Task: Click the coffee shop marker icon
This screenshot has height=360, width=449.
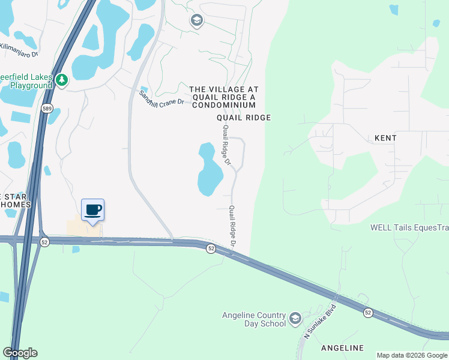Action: [x=92, y=210]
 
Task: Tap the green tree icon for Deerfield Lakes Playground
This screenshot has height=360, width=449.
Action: [x=61, y=80]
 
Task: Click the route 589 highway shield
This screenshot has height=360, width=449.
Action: [x=47, y=108]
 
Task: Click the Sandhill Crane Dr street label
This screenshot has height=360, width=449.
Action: [x=161, y=99]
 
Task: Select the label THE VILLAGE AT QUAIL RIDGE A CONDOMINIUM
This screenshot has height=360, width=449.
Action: [x=223, y=97]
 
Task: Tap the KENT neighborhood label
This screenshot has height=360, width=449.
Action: [x=385, y=138]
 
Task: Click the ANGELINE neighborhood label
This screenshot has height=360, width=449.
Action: [x=343, y=348]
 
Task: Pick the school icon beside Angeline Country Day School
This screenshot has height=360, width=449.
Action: [x=295, y=318]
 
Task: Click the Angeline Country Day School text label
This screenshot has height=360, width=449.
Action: [x=254, y=320]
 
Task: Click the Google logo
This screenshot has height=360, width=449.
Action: [x=20, y=353]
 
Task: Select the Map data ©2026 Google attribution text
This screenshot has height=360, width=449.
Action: [x=412, y=355]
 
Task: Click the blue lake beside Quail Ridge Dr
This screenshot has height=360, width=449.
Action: [x=209, y=169]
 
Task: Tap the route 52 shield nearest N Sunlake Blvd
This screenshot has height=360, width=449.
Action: [x=368, y=313]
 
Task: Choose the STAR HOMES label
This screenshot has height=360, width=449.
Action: [x=15, y=201]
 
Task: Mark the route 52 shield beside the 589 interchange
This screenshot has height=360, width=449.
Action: [x=44, y=241]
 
